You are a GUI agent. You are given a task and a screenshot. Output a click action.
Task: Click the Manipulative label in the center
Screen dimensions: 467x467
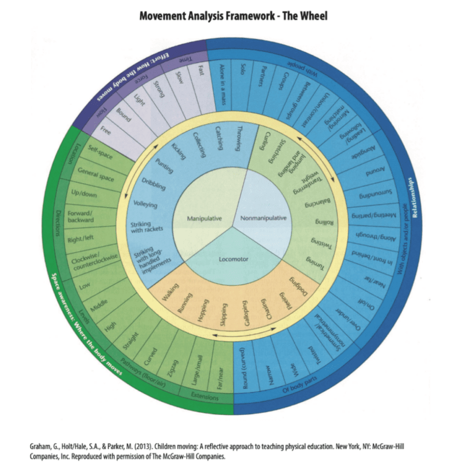point(204,218)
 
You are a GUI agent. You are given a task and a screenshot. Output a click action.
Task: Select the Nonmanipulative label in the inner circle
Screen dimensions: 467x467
point(264,218)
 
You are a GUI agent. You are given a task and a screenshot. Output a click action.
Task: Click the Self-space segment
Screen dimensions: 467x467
point(101,154)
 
